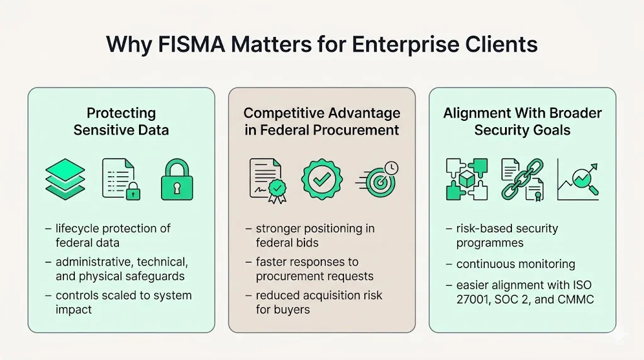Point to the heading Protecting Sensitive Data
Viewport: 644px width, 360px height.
click(121, 121)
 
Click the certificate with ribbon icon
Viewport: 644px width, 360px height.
click(266, 179)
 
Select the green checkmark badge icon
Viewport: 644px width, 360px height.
click(322, 179)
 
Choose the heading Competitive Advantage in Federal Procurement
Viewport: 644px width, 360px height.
click(322, 121)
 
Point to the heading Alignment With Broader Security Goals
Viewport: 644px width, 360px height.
click(523, 121)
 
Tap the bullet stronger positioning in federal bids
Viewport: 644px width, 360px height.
click(314, 235)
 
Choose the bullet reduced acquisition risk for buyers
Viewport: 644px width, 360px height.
click(318, 302)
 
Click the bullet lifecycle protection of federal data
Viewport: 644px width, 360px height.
click(112, 235)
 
